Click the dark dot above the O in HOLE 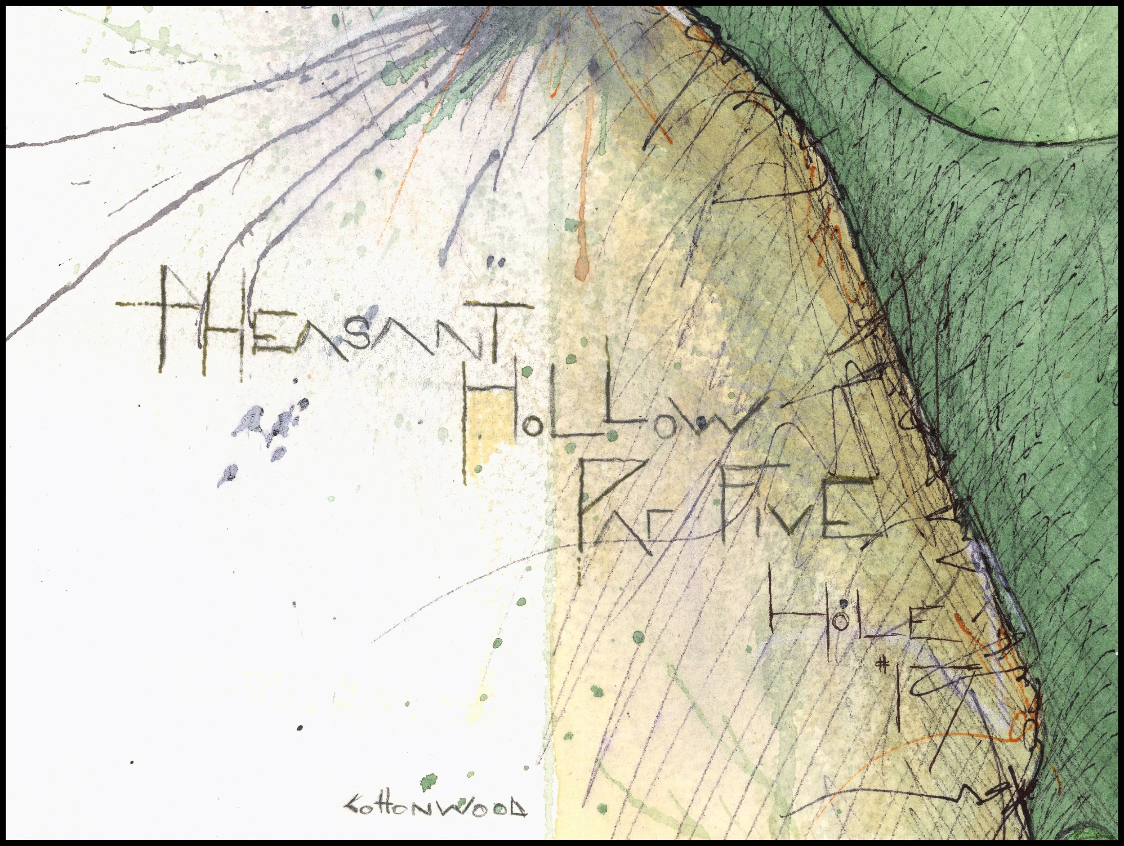point(843,604)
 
